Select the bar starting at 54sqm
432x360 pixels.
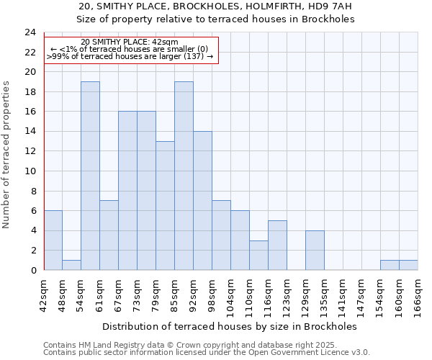[90, 176]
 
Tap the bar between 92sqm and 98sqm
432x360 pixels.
[202, 201]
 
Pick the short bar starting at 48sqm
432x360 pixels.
[71, 265]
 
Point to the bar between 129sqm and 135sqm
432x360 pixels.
[315, 250]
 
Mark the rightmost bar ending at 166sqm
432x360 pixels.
[408, 265]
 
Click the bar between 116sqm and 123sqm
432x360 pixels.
[277, 245]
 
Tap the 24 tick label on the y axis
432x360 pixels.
[30, 32]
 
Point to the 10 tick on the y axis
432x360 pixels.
[30, 171]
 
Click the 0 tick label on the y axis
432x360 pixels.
[32, 271]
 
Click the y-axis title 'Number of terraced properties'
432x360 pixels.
[7, 154]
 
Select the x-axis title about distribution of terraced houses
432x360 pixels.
[230, 326]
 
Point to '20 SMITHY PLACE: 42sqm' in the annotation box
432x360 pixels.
[130, 42]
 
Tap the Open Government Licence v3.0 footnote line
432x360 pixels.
[207, 353]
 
